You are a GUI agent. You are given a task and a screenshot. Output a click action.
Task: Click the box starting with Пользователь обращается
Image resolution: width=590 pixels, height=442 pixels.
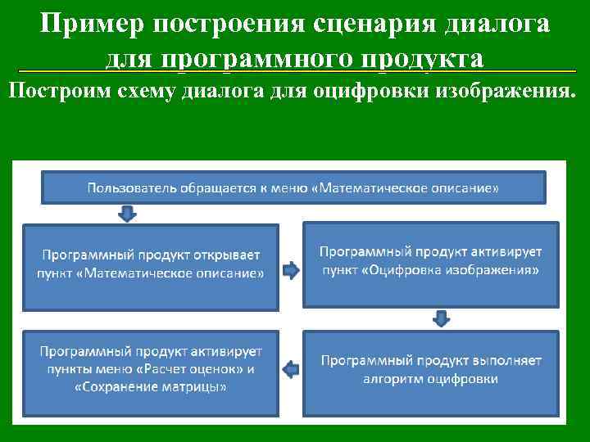pyautogui.click(x=293, y=187)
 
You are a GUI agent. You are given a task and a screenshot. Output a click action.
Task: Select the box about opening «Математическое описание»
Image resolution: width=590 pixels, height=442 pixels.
pyautogui.click(x=151, y=264)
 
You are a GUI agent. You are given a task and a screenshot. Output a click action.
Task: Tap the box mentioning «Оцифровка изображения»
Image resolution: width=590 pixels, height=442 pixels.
pyautogui.click(x=431, y=264)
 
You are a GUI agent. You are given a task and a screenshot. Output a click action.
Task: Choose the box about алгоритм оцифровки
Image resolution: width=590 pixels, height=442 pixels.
pyautogui.click(x=431, y=369)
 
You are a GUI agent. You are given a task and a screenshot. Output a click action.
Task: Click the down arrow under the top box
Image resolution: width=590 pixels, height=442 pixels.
pyautogui.click(x=128, y=213)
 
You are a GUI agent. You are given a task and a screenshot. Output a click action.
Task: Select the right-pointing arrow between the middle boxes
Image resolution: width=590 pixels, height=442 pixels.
pyautogui.click(x=290, y=269)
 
